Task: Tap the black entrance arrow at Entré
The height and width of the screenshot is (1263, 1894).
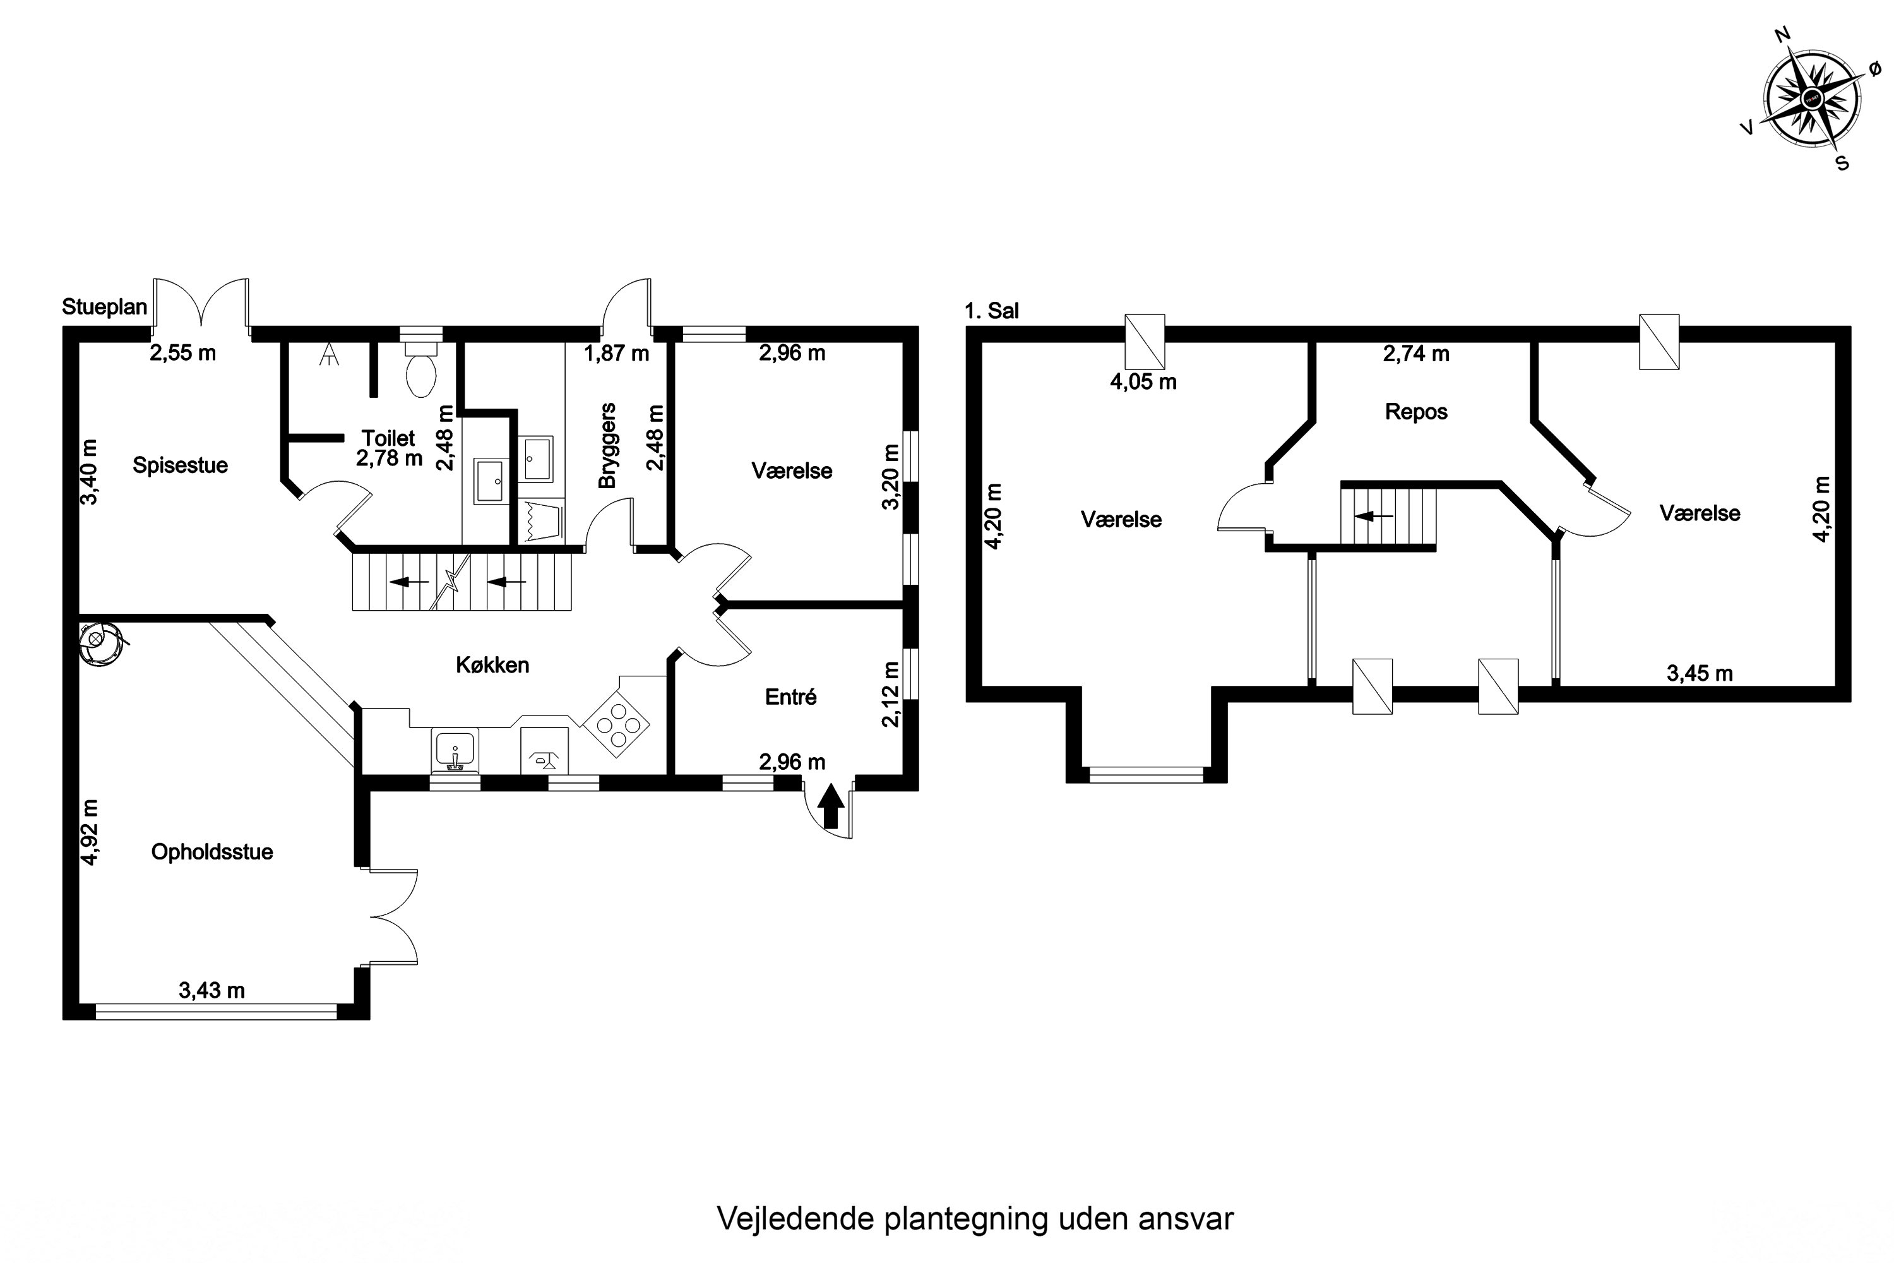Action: tap(831, 806)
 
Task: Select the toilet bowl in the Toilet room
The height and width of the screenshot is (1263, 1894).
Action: tap(421, 368)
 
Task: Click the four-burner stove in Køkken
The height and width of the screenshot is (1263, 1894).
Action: tap(617, 723)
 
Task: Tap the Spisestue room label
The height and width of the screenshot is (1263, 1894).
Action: tap(181, 465)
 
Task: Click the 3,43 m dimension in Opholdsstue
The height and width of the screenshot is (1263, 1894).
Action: tap(211, 990)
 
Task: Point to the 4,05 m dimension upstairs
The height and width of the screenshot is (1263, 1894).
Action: tap(1143, 382)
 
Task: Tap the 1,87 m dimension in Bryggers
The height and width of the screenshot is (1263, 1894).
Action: tap(616, 353)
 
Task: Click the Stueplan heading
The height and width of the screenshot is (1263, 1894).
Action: tap(105, 307)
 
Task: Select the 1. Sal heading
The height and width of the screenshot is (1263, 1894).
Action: tap(991, 310)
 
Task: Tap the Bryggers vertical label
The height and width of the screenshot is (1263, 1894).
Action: tap(607, 445)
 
